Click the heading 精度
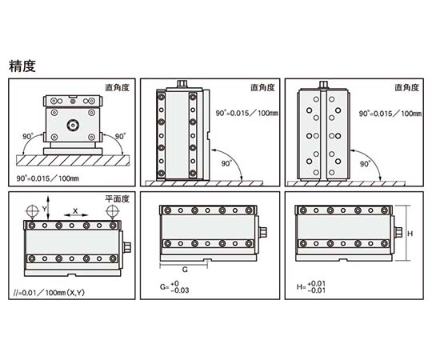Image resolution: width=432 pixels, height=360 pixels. pos(22,66)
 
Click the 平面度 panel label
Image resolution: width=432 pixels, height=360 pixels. pos(117,198)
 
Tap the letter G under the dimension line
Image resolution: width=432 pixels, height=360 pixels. pos(185,270)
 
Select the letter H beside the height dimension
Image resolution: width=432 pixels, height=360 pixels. pos(410,234)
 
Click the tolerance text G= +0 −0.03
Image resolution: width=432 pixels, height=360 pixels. pos(174,286)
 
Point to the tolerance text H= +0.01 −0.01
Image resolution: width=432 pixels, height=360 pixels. pos(311,286)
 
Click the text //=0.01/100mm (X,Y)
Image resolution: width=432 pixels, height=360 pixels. pos(49,293)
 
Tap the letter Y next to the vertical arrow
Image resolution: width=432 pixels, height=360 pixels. pos(44,209)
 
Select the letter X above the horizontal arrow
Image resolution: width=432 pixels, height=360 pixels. pos(75,211)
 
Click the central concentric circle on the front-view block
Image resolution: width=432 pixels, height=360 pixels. pos(73,126)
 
